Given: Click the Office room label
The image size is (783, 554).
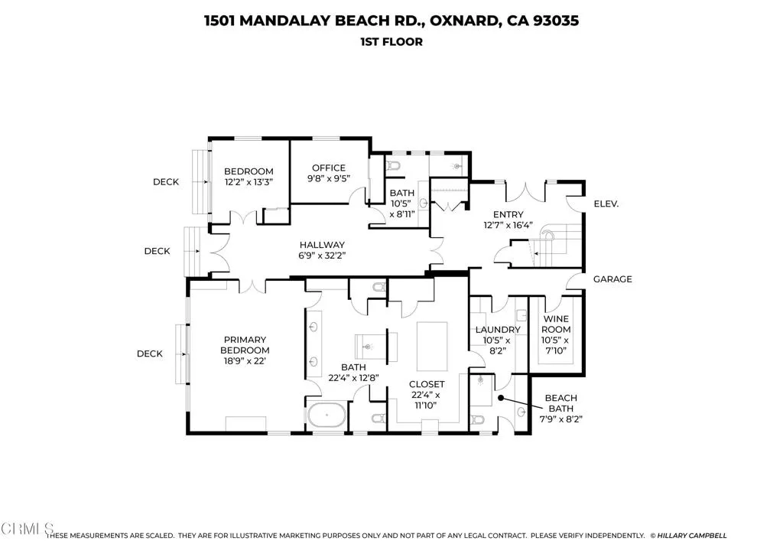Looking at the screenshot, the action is [329, 168].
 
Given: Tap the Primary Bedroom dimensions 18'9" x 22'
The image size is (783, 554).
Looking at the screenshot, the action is [245, 361].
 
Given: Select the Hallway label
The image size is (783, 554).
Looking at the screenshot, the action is [322, 245].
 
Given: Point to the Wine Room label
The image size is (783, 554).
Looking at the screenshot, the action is [556, 324].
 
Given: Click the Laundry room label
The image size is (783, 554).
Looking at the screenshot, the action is [498, 330].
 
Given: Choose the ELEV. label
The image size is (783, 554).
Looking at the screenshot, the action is [606, 204].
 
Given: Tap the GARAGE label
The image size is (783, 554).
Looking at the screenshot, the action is [612, 279].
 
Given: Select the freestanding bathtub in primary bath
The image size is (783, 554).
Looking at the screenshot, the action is [326, 415].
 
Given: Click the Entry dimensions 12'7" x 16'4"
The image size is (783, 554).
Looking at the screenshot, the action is [508, 225].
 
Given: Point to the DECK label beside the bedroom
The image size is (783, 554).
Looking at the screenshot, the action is [166, 182].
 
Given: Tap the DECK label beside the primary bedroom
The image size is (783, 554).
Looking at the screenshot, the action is [150, 354].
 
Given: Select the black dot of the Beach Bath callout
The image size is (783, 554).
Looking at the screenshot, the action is [501, 398].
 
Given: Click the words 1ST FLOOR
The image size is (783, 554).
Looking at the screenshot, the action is [391, 42].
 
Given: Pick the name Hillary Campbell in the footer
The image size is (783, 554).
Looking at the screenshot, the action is [692, 536].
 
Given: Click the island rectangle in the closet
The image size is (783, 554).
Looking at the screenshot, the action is [432, 339].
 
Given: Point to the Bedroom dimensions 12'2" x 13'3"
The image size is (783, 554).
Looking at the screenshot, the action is [249, 182].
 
